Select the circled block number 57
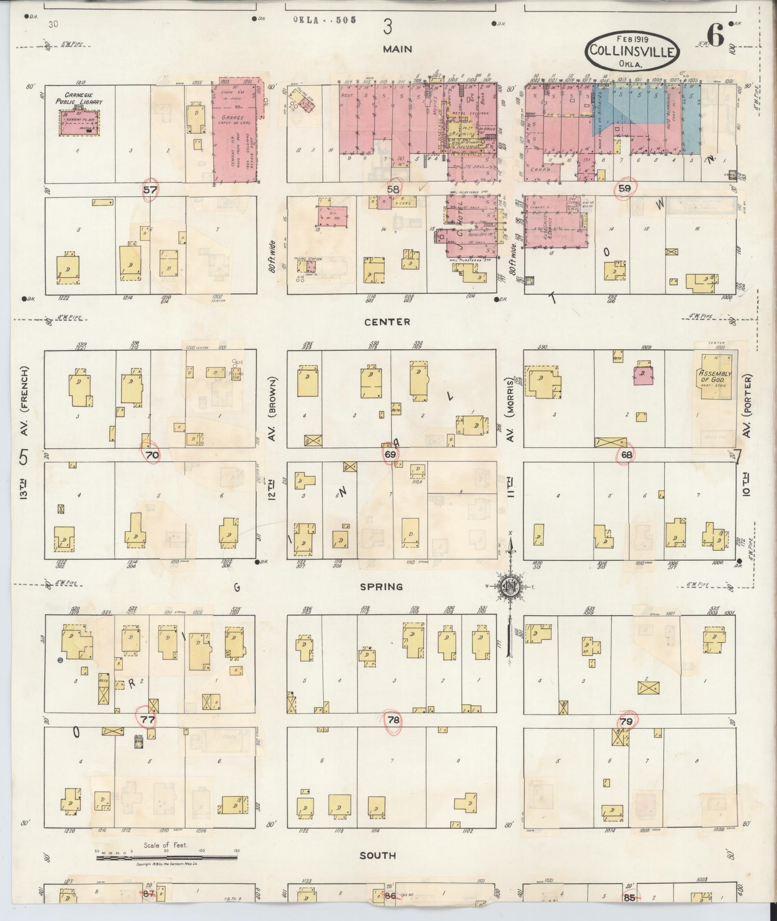(150, 190)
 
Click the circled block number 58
(394, 189)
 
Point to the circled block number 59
(624, 188)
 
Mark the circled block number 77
(147, 719)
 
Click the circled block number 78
(394, 720)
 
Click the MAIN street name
(397, 49)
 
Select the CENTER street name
(387, 322)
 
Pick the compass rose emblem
(509, 586)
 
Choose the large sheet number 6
(716, 36)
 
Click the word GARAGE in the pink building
(232, 117)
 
